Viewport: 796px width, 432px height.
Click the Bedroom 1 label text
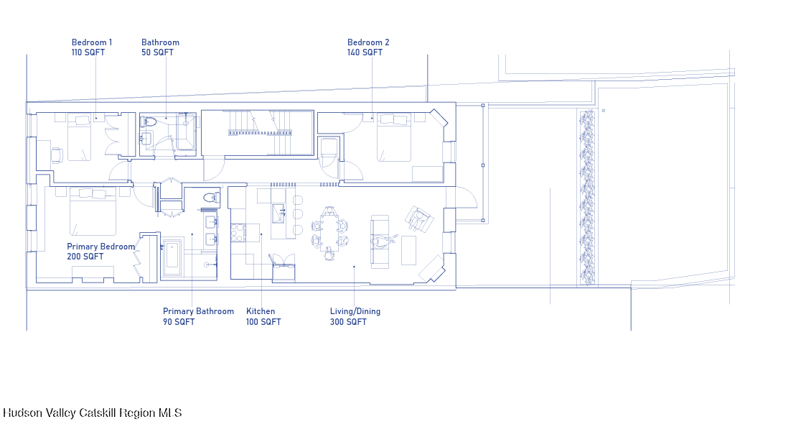[x=92, y=42]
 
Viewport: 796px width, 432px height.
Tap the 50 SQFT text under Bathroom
[x=157, y=52]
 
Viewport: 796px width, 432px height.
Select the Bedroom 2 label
[x=368, y=42]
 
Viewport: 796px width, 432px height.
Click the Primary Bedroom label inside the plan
[x=100, y=247]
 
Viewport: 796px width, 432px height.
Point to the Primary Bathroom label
[x=198, y=311]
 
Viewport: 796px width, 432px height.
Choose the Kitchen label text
[x=261, y=311]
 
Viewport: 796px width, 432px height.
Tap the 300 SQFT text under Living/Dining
[x=348, y=322]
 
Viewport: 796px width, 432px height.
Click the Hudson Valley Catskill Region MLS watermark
[x=93, y=413]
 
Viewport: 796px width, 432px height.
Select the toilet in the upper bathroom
[x=149, y=122]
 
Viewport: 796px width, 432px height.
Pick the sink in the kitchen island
[x=279, y=213]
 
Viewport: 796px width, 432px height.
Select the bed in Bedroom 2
[x=394, y=137]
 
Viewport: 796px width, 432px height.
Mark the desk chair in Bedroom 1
[x=57, y=154]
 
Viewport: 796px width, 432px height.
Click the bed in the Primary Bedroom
[x=93, y=212]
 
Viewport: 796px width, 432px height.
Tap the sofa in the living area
[x=380, y=241]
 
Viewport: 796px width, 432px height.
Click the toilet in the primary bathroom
[x=210, y=197]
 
